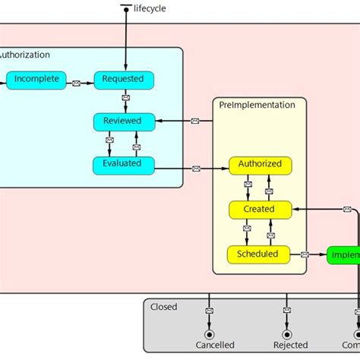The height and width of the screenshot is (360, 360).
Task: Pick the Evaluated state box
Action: point(123,164)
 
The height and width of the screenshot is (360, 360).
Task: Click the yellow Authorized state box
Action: point(260,164)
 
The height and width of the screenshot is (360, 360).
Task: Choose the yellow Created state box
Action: point(260,209)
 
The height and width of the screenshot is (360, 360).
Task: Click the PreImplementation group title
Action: point(257,106)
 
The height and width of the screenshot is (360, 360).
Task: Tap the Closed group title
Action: point(164,307)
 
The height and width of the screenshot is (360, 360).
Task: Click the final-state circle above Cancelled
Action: point(208,334)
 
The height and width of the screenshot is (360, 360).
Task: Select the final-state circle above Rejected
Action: point(287,334)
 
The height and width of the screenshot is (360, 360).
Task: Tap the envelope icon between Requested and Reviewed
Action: point(124,99)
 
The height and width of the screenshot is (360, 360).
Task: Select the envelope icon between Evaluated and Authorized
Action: point(196,169)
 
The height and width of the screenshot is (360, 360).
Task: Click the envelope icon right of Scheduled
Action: point(305,254)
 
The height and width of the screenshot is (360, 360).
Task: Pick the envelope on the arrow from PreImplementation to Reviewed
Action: point(194,122)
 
